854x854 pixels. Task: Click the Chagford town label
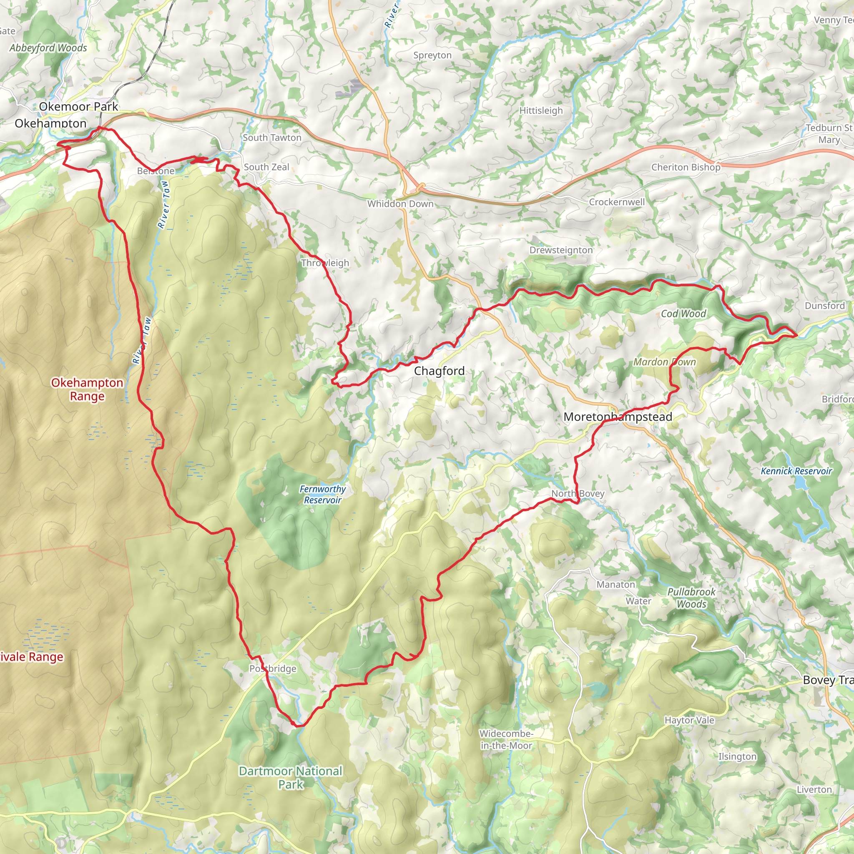439,371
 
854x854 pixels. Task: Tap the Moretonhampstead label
618,417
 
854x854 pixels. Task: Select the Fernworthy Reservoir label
322,494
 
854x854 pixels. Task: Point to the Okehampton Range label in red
87,389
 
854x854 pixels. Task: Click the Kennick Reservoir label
796,471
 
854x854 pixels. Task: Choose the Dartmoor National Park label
290,778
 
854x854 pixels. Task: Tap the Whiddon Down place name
400,204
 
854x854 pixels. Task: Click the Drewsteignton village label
560,250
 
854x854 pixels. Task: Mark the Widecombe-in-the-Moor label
506,739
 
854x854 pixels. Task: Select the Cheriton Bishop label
686,167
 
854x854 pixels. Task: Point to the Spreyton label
432,55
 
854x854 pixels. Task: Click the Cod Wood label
683,314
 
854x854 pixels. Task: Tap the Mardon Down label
664,362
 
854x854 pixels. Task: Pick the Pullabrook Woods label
691,598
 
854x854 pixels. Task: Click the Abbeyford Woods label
48,48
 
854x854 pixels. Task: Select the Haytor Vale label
689,720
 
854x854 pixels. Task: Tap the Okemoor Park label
78,106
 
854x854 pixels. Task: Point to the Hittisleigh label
540,111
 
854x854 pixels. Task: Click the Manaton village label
615,584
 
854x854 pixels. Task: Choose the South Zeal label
266,167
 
